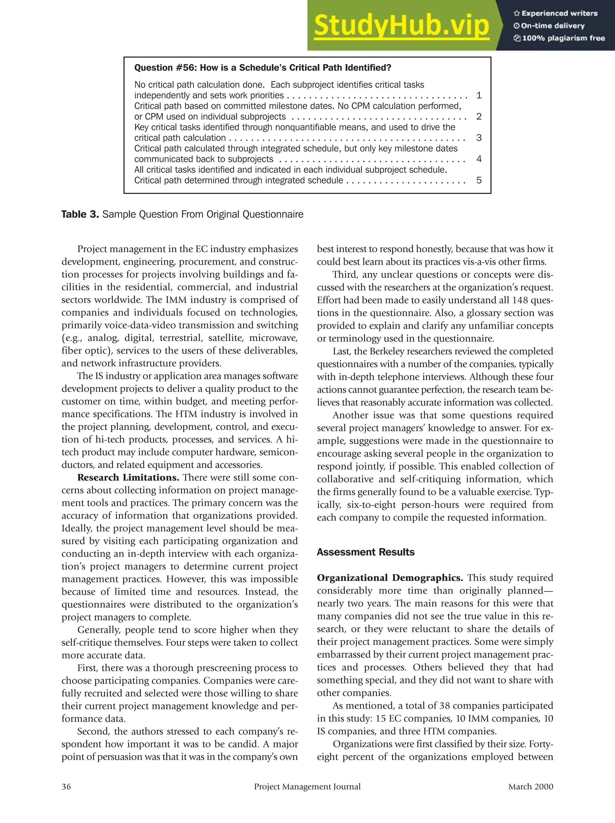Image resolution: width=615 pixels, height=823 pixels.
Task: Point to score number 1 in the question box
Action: click(479, 95)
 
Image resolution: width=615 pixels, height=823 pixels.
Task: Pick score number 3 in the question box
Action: click(479, 138)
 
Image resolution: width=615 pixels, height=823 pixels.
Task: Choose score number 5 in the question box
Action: click(479, 180)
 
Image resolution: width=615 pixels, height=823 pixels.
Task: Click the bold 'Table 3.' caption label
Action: click(80, 214)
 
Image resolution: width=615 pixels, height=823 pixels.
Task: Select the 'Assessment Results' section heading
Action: click(365, 552)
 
